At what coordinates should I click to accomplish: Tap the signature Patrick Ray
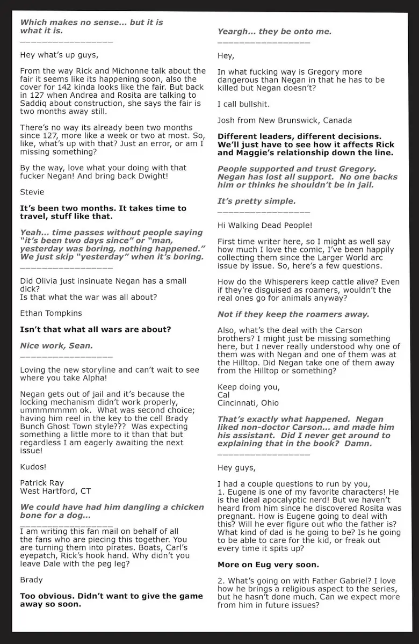(42, 482)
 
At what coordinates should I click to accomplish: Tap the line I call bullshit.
(243, 104)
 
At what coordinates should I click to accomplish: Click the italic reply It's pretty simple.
(256, 201)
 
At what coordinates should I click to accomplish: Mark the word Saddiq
(34, 103)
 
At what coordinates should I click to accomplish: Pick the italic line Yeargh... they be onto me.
(274, 32)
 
